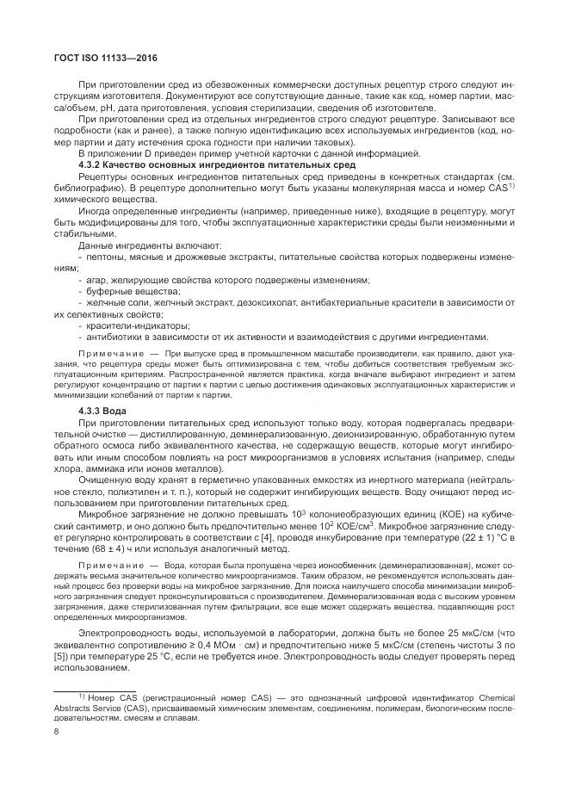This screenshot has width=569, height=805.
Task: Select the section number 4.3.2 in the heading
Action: pos(95,164)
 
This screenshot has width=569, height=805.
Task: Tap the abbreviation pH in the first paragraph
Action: pos(97,108)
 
